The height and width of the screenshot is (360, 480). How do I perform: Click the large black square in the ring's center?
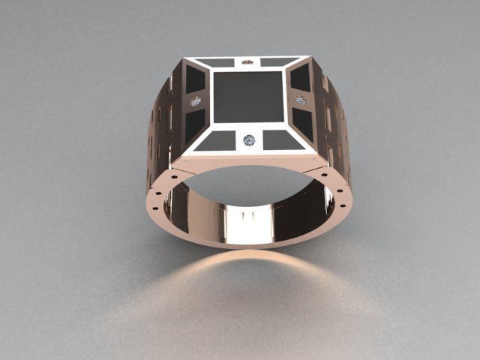247,96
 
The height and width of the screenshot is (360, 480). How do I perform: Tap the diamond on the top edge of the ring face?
247,61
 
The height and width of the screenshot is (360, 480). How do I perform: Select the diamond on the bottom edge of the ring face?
249,140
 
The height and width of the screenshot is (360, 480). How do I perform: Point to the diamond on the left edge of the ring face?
196,101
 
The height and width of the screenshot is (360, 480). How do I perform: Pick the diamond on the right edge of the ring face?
301,100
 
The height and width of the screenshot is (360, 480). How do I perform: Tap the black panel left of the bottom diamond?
214,141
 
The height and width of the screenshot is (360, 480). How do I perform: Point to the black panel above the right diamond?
300,77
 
